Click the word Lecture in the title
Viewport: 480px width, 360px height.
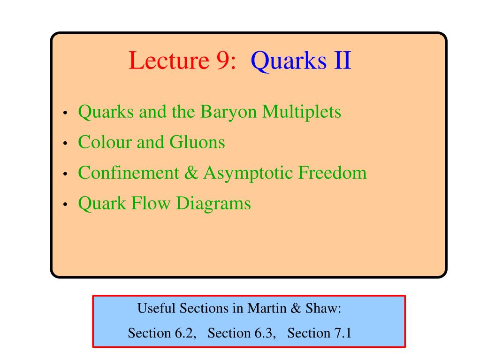[x=169, y=60]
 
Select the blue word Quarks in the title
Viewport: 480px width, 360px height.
[x=289, y=61]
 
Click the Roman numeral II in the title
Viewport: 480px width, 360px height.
[x=342, y=60]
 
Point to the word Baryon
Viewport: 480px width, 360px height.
[x=229, y=112]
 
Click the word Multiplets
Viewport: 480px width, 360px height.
[x=302, y=112]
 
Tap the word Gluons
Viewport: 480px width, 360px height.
[x=197, y=142]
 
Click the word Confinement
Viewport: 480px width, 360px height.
[x=129, y=173]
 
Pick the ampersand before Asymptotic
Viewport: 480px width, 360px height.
[x=191, y=173]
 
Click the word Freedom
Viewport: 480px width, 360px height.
[x=332, y=173]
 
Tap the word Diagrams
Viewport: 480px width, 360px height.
[x=213, y=204]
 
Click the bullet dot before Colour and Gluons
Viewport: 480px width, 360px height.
[x=65, y=143]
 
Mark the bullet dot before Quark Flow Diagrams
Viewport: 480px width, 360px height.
[x=65, y=205]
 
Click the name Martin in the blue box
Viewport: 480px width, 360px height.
[x=267, y=308]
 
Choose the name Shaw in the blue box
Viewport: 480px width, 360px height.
[x=323, y=308]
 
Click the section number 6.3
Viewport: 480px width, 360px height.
[x=263, y=333]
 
